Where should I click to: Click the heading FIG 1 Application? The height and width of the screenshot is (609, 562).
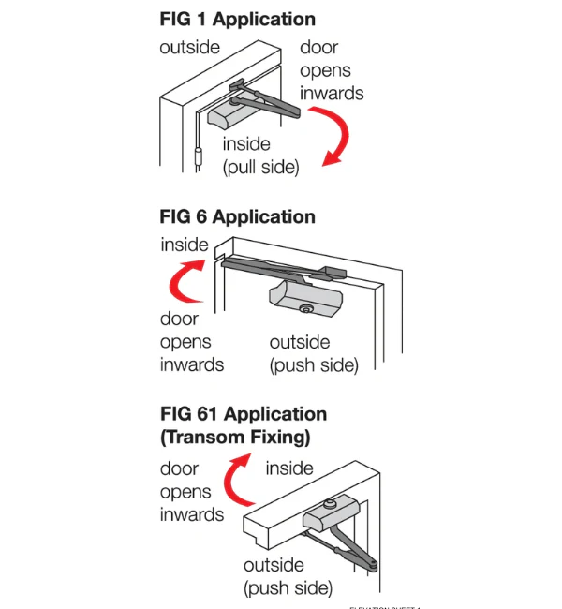coord(237,19)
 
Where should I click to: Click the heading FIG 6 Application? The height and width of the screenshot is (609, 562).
coord(237,216)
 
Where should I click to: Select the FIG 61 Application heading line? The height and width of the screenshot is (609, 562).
coord(244,414)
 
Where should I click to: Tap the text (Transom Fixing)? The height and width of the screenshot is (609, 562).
coord(235,437)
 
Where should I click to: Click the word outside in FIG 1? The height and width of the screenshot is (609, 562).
coord(190,48)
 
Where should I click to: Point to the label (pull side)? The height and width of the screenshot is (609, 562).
coord(259,168)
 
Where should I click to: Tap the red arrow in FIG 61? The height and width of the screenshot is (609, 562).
coord(234,478)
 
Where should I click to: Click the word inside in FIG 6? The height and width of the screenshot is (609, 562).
coord(185,245)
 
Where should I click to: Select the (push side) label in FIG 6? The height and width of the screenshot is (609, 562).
coord(314,365)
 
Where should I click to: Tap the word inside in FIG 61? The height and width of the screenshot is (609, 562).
coord(289,468)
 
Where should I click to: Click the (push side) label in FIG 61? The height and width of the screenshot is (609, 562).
coord(288,588)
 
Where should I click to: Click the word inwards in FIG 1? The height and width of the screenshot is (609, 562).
coord(332,93)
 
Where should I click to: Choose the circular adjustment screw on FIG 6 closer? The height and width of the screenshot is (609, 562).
coord(304,309)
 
